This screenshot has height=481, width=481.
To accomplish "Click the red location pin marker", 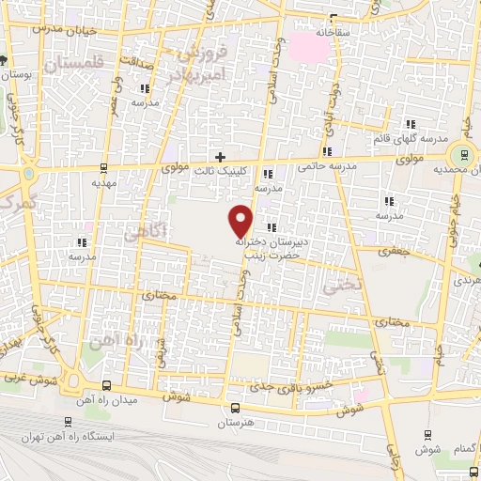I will click(x=241, y=220).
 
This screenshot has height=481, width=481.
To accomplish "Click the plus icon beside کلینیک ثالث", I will click(x=220, y=157).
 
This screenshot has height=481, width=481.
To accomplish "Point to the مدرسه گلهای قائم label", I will click(x=411, y=140).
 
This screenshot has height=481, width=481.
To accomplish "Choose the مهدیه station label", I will click(x=102, y=185).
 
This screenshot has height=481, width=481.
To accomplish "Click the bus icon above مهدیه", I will click(x=102, y=169).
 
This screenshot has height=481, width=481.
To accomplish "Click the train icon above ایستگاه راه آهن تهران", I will click(x=67, y=422).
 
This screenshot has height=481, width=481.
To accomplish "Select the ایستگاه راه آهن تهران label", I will click(x=105, y=439).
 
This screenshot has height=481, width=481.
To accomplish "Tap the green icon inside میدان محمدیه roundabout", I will click(x=460, y=156).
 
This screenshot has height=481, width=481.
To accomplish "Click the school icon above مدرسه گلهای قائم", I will click(x=411, y=124).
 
